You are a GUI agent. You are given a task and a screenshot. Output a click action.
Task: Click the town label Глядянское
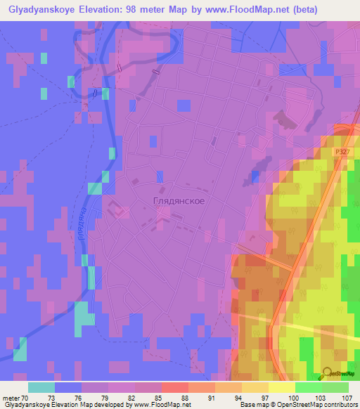point(179,201)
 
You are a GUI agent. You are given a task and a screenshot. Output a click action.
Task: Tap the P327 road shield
point(341,151)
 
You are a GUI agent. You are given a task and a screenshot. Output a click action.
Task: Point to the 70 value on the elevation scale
point(26,398)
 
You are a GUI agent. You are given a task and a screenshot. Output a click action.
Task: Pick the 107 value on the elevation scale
point(346,398)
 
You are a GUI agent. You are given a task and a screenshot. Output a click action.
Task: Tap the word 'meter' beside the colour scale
point(11,398)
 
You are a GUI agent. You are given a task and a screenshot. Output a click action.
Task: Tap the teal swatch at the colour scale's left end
point(41,387)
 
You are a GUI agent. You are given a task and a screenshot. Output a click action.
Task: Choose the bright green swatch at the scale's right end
point(335,387)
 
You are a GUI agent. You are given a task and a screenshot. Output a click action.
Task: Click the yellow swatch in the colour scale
point(281,387)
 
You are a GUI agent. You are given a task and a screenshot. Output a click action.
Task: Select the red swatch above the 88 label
point(174,387)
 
